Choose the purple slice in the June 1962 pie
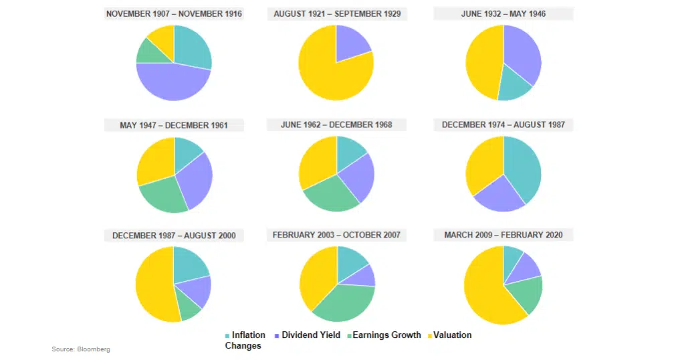tap(358, 177)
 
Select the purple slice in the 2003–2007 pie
tap(366, 274)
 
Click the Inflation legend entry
tap(248, 335)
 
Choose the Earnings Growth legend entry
tap(386, 335)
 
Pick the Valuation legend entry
tap(451, 335)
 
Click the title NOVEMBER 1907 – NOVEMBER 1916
tap(174, 13)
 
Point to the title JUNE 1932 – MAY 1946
tap(503, 13)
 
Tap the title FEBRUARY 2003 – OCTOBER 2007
tap(336, 235)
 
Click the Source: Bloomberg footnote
tap(81, 349)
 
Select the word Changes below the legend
tap(243, 346)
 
